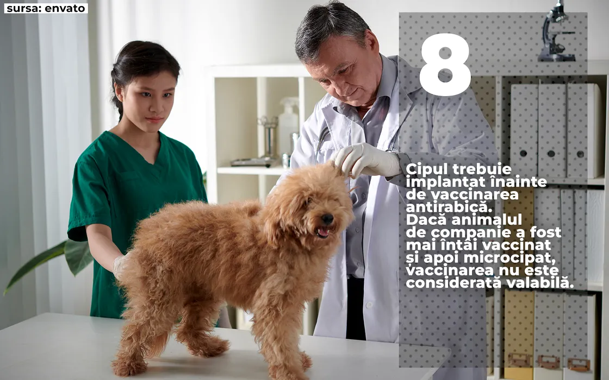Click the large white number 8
click(x=445, y=64)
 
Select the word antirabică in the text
click(x=449, y=207)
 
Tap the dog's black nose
click(x=327, y=219)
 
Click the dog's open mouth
click(x=322, y=233)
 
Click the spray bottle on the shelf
click(x=288, y=125)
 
